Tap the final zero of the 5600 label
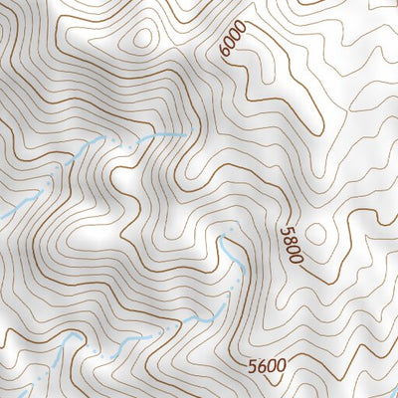(284, 366)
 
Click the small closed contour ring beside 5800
(317, 234)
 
